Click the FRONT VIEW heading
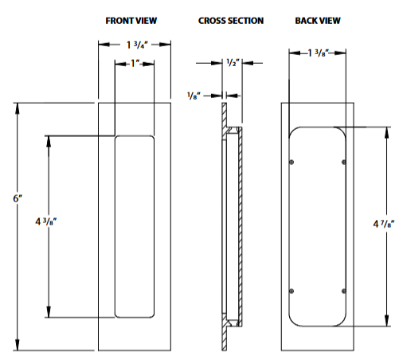coord(132,20)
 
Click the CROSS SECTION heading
coord(231,20)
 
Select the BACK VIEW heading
coord(318,20)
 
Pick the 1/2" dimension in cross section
coord(233,62)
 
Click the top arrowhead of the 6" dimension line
coord(17,108)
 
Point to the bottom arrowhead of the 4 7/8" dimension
coord(386,323)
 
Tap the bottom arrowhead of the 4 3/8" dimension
coord(50,313)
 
